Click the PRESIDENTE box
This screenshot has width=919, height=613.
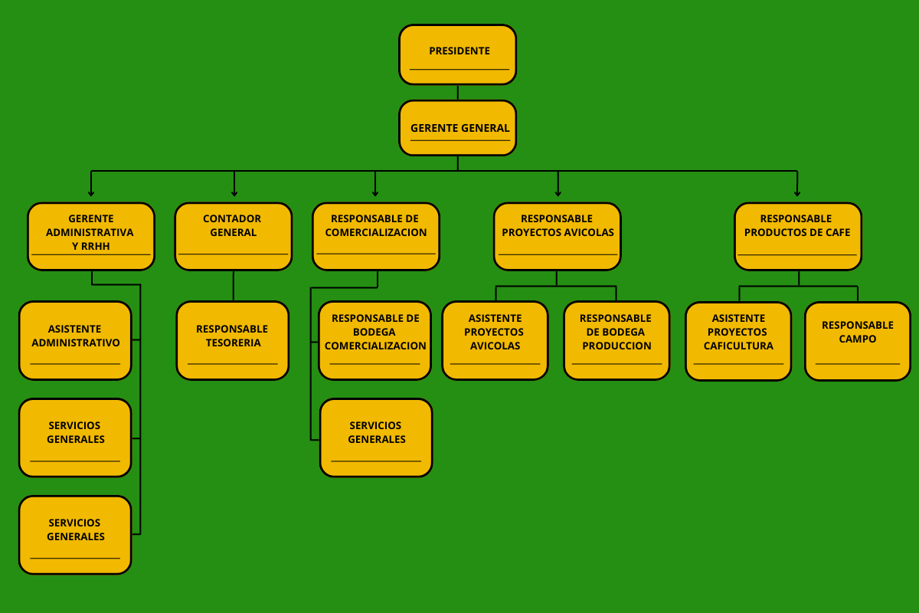(x=458, y=54)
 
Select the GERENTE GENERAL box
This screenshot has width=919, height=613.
(x=458, y=128)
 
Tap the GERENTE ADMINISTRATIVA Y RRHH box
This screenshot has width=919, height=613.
(x=91, y=236)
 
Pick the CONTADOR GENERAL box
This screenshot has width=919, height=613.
(x=234, y=236)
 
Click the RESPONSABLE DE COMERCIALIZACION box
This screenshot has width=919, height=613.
(x=376, y=236)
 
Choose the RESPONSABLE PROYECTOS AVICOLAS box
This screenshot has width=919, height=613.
(x=558, y=236)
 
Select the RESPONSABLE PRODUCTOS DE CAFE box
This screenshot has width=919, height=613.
(x=798, y=236)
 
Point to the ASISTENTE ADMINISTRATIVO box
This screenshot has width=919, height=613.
(x=76, y=340)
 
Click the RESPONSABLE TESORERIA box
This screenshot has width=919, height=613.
(x=233, y=340)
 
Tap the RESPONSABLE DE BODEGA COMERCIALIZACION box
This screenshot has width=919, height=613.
(x=375, y=340)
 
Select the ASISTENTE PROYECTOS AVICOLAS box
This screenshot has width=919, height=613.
(x=495, y=340)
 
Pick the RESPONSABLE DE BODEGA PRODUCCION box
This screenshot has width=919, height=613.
(x=616, y=340)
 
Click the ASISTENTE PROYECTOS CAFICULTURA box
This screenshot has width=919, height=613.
(x=738, y=341)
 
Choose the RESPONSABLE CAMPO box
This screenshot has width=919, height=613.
(x=858, y=341)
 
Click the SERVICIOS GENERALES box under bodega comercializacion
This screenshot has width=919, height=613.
(x=376, y=438)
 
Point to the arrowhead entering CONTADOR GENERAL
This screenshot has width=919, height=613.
(x=234, y=194)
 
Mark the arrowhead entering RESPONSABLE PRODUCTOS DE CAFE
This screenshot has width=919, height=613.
(x=797, y=194)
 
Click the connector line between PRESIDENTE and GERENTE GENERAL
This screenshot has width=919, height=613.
(x=458, y=93)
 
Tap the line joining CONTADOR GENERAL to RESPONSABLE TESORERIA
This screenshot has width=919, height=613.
(x=234, y=286)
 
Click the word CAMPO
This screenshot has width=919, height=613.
(x=858, y=339)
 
